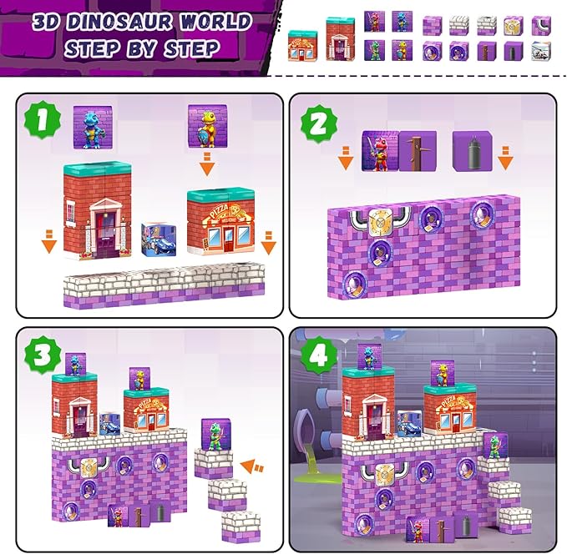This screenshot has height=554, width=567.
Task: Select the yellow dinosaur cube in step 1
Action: pyautogui.click(x=205, y=123)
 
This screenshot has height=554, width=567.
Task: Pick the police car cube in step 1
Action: pyautogui.click(x=158, y=243)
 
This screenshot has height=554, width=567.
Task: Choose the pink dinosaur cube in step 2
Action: pyautogui.click(x=379, y=150)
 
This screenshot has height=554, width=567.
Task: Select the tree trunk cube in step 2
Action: pyautogui.click(x=417, y=151)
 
